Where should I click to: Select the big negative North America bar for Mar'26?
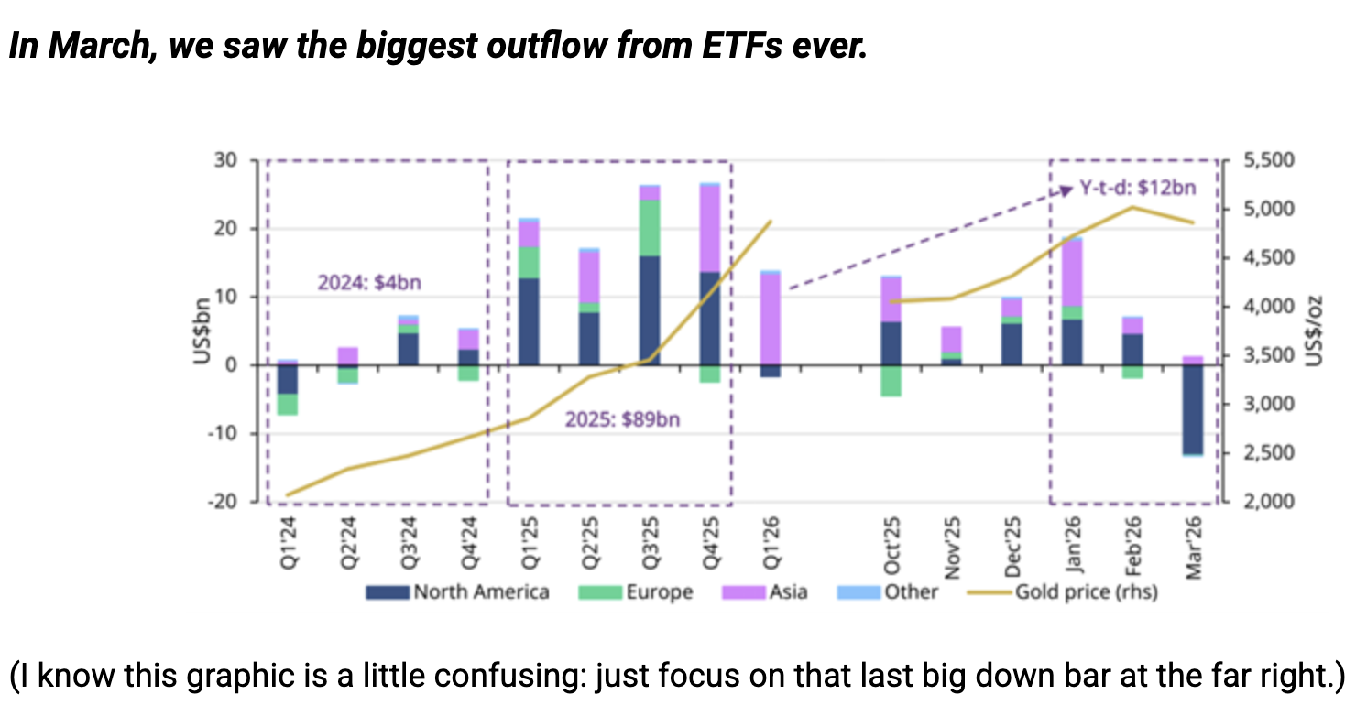1194,408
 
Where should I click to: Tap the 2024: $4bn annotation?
369,283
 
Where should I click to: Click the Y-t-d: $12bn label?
1137,189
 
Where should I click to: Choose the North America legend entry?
457,592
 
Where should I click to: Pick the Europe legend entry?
636,592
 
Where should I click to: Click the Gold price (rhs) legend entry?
1062,592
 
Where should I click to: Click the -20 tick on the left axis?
224,502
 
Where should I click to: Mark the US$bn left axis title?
202,332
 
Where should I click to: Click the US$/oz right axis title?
1315,332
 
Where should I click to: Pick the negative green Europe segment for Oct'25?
891,380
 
